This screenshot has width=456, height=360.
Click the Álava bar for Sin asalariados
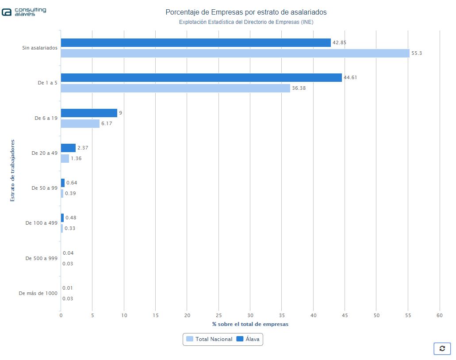point(195,42)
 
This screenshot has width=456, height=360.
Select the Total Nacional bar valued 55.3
point(235,53)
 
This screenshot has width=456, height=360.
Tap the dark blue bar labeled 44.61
point(201,77)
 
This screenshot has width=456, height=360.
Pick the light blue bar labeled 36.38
point(175,88)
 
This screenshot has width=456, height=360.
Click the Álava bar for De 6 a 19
point(89,113)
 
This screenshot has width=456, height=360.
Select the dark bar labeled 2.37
point(68,148)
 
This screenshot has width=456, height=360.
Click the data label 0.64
point(72,183)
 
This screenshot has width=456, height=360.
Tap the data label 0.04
point(68,253)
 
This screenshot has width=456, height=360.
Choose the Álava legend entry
point(248,339)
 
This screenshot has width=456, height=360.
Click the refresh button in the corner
point(442,349)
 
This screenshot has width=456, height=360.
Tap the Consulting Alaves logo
point(24,12)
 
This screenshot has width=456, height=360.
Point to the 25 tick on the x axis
point(218,315)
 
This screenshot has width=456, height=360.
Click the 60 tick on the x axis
point(439,315)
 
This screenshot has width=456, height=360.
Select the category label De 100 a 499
point(41,223)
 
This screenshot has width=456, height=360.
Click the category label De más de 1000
point(38,293)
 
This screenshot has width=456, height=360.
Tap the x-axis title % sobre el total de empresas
point(250,324)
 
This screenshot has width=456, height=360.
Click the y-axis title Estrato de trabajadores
point(12,170)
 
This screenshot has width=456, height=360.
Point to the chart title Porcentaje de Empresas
point(246,12)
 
